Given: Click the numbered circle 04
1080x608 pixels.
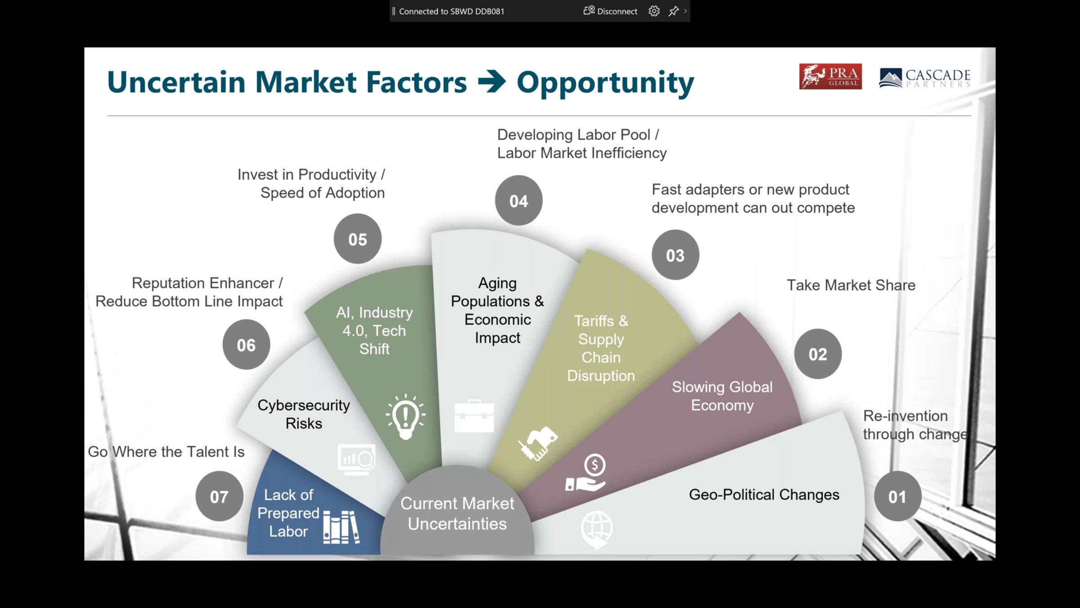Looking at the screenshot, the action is click(x=518, y=200).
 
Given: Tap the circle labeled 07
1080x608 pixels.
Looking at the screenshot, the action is click(x=219, y=496).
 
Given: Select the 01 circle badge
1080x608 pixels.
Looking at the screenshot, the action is click(x=897, y=496).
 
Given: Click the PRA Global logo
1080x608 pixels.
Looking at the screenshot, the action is click(x=830, y=77).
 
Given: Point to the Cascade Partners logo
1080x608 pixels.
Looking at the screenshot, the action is click(x=925, y=78).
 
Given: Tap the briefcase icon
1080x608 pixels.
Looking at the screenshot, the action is click(x=474, y=416).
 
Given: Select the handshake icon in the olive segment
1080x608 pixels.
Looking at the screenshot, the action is click(x=537, y=444).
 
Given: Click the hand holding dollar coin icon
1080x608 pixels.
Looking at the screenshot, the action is click(x=586, y=472).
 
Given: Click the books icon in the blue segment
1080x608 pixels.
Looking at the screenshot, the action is click(x=341, y=527).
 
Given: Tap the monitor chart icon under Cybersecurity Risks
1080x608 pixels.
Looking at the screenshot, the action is click(x=356, y=460).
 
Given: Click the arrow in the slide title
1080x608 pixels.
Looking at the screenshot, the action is click(x=492, y=82).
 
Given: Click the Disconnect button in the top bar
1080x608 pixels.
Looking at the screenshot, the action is click(x=610, y=11).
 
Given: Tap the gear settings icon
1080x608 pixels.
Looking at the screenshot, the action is click(x=654, y=11).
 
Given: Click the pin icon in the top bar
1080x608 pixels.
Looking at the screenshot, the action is click(x=674, y=11).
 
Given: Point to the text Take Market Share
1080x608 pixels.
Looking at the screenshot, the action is click(x=851, y=285).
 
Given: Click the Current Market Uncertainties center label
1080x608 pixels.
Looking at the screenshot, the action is click(x=457, y=513).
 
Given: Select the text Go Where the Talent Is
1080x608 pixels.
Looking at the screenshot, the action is click(x=166, y=452).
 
